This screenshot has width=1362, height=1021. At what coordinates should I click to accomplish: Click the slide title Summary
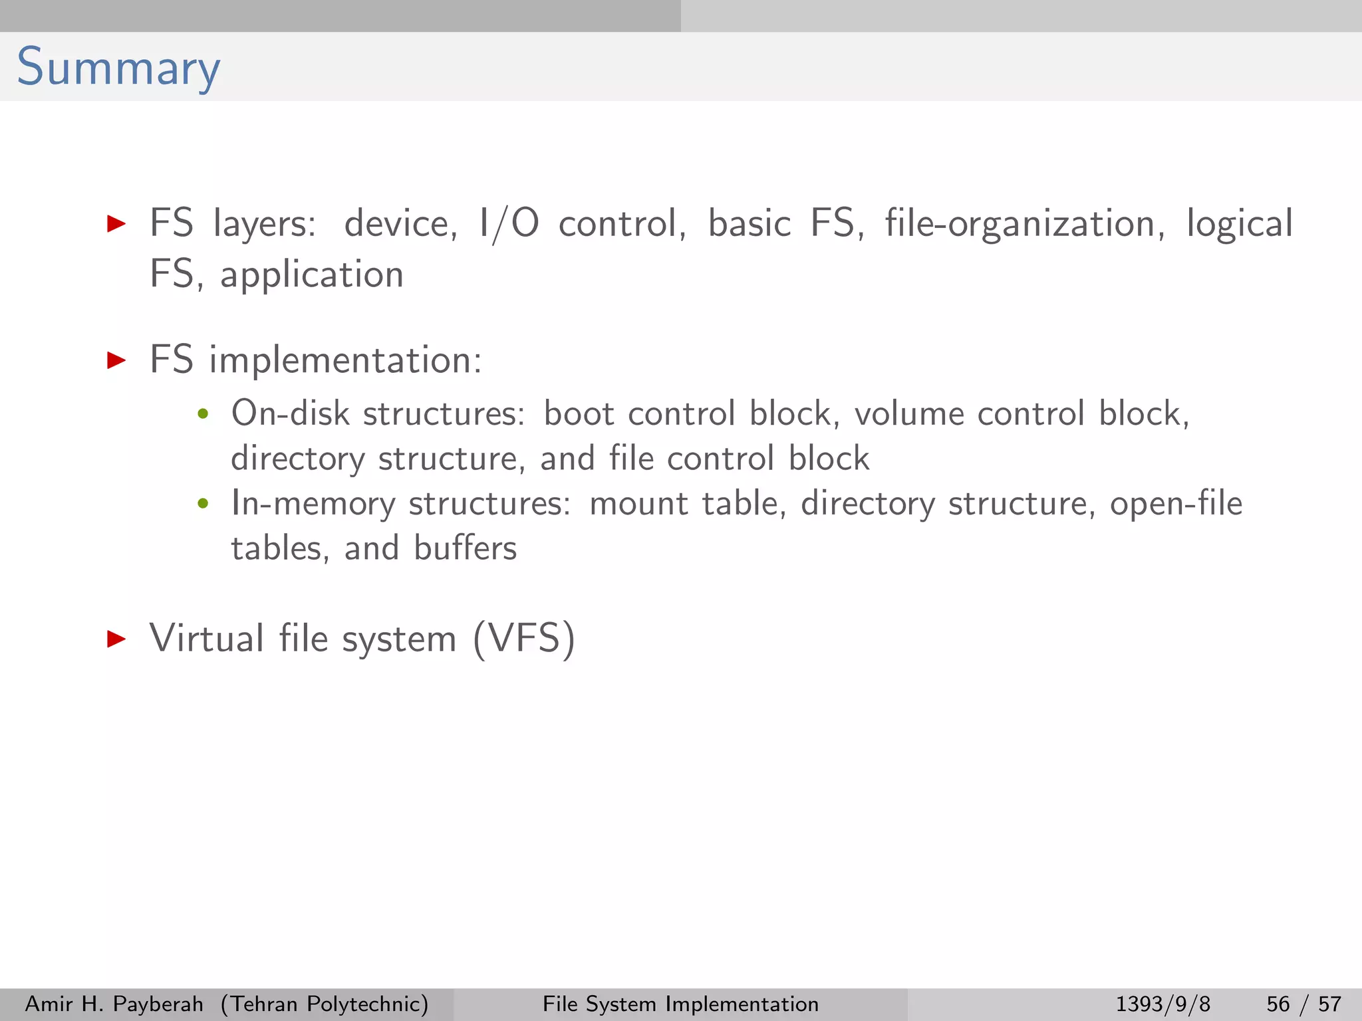click(118, 68)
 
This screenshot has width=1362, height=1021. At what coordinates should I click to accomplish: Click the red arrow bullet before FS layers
click(116, 223)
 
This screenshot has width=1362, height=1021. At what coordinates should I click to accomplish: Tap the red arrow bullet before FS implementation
click(116, 360)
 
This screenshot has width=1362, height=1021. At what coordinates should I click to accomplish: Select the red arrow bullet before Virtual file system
click(116, 639)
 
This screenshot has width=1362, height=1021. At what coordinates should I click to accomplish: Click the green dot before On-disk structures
click(203, 415)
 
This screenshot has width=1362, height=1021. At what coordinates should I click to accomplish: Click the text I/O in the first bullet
click(509, 223)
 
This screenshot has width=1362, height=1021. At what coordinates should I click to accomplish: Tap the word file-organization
click(1024, 223)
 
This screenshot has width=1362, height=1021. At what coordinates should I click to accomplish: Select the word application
click(312, 275)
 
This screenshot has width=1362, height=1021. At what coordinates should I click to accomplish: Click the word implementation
click(345, 360)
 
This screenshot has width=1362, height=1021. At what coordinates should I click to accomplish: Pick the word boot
click(579, 413)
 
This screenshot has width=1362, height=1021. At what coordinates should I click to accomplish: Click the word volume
click(908, 413)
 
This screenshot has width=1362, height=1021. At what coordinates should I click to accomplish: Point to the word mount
click(638, 503)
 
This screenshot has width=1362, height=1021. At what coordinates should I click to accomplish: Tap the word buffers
click(465, 548)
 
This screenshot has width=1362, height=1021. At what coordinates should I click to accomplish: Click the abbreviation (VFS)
click(524, 639)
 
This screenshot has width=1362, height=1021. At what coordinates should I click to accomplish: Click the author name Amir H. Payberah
click(114, 1004)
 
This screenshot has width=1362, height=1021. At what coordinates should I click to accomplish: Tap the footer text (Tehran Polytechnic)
click(325, 1004)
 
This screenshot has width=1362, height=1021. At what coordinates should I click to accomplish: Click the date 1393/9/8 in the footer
click(1162, 1004)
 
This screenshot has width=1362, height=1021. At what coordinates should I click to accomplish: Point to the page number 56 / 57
click(1303, 1004)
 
